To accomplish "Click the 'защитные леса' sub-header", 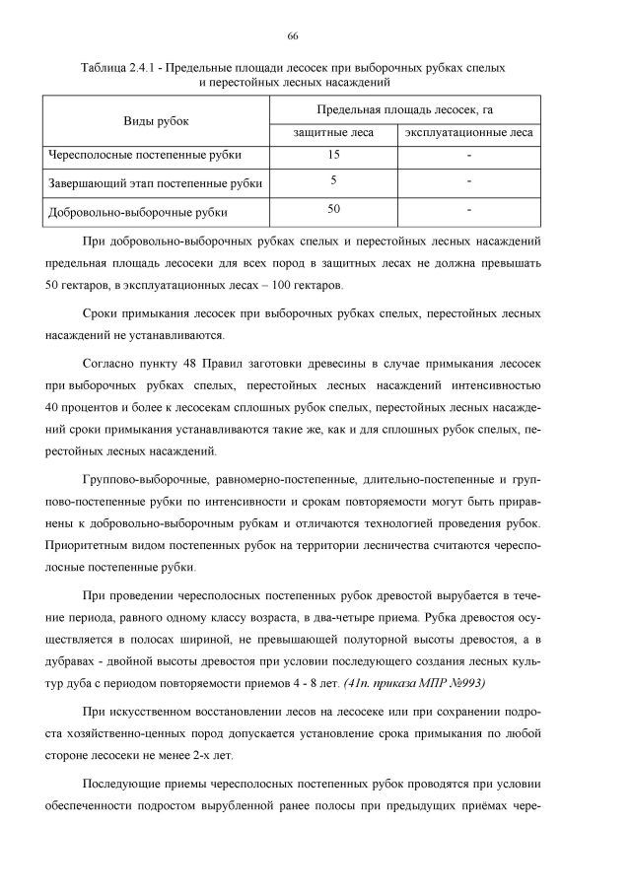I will pyautogui.click(x=334, y=132).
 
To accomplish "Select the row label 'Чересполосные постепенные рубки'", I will pyautogui.click(x=145, y=155).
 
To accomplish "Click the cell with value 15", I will pyautogui.click(x=334, y=155).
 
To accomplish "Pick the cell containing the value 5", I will pyautogui.click(x=334, y=179).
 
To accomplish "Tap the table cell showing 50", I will pyautogui.click(x=334, y=208).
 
